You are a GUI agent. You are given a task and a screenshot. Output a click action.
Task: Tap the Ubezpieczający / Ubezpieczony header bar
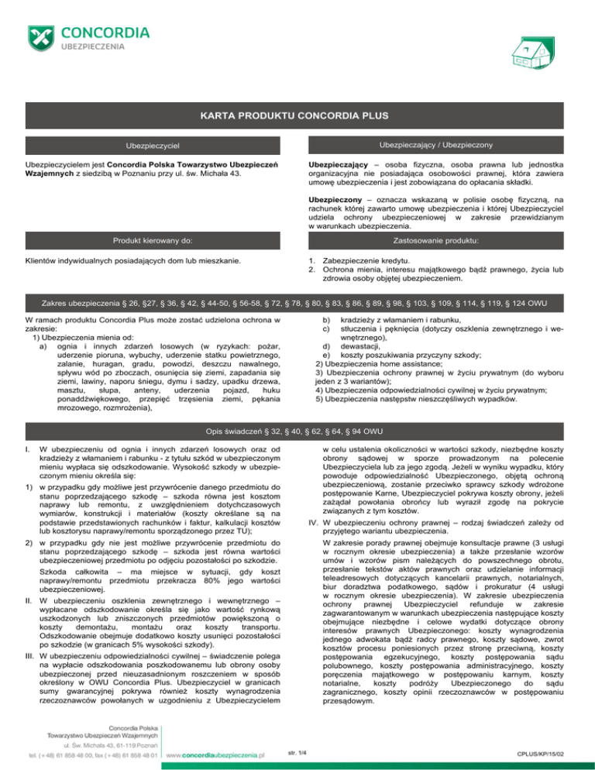(442, 146)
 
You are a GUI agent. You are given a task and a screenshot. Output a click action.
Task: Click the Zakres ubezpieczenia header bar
(297, 300)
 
